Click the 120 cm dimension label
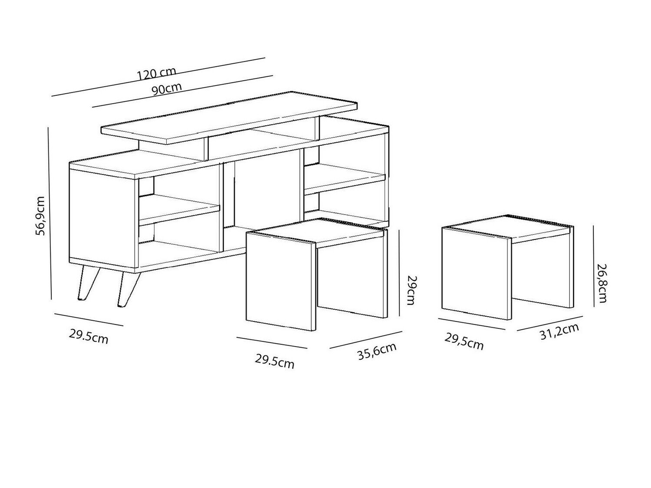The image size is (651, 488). point(157,74)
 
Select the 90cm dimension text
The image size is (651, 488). point(166,88)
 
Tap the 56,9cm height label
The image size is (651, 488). point(40,216)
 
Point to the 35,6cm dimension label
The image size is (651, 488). point(377,351)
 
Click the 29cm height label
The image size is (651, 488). point(412,290)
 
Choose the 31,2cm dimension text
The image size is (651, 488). point(559,331)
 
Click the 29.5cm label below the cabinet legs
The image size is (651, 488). point(89,337)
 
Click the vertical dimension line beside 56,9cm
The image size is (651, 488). point(49,213)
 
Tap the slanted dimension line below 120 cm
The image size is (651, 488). point(158,77)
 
